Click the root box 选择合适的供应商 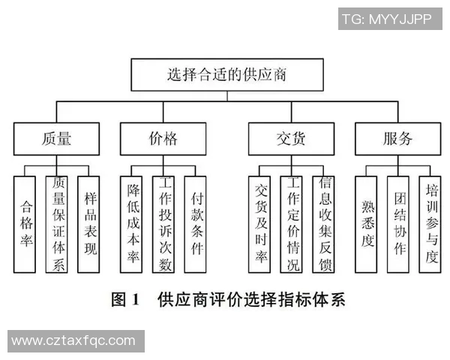[226, 76]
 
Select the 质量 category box [57, 138]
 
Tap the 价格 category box [163, 138]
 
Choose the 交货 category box [289, 138]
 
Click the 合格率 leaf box [25, 223]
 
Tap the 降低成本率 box [132, 223]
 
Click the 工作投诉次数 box [163, 223]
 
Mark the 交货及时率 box [259, 223]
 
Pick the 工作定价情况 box [292, 223]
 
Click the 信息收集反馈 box [323, 223]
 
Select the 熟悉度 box [367, 223]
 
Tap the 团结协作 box [398, 223]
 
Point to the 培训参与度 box [430, 223]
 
